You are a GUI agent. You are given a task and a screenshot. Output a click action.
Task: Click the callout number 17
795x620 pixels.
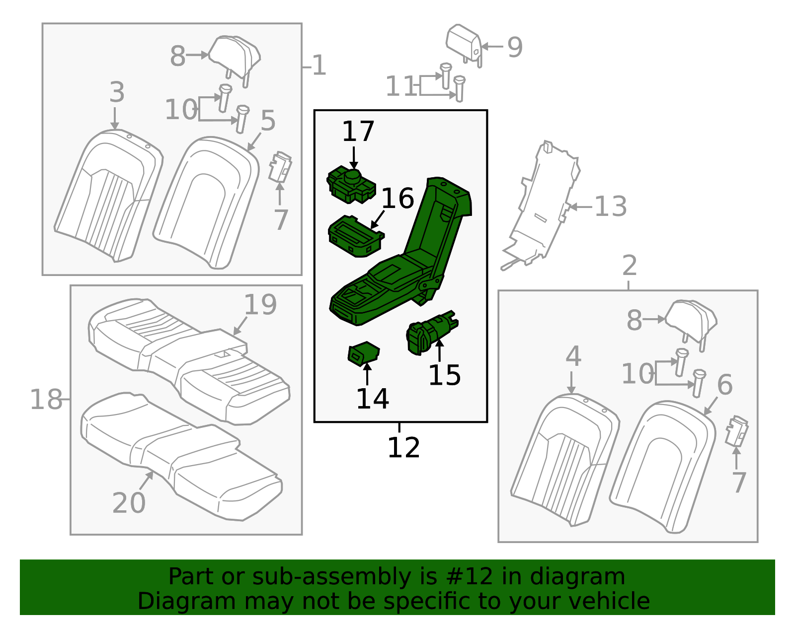click(358, 132)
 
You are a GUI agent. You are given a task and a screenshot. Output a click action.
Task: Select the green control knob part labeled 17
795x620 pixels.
click(350, 185)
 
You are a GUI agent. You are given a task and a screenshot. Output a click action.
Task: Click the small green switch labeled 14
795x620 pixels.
click(364, 353)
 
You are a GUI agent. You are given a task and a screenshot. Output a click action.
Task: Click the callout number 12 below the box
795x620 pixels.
click(403, 447)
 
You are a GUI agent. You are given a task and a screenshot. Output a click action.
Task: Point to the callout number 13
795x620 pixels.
click(611, 207)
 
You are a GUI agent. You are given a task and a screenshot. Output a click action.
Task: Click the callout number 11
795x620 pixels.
click(400, 86)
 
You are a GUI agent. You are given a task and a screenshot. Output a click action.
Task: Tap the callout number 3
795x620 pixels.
click(117, 92)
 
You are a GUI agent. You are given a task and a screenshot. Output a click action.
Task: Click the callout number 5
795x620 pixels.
click(268, 121)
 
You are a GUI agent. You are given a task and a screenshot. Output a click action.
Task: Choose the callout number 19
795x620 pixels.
click(260, 305)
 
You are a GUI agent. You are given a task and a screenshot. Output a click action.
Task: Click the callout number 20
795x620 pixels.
click(129, 503)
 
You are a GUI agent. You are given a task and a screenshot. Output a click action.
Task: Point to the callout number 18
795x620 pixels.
click(46, 399)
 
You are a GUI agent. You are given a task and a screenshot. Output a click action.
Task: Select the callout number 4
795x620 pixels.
click(573, 356)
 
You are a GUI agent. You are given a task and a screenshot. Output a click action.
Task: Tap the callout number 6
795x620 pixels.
click(724, 385)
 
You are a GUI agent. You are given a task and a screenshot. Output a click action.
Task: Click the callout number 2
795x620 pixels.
click(630, 266)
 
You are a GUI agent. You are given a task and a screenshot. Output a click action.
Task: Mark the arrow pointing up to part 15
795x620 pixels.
click(439, 350)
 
